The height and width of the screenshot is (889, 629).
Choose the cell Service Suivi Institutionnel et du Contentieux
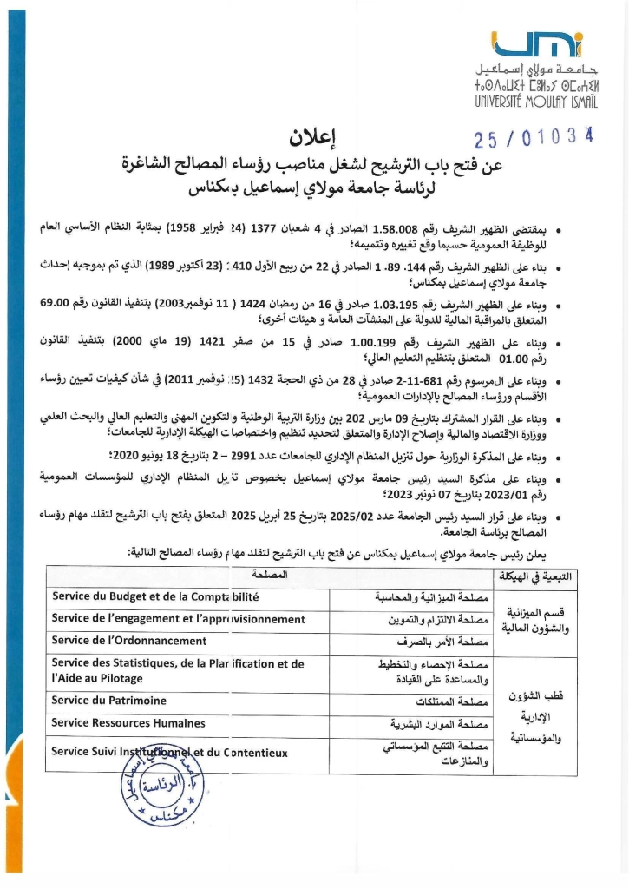[x=169, y=753]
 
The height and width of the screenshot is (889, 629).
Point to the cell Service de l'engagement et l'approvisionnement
[x=178, y=620]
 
